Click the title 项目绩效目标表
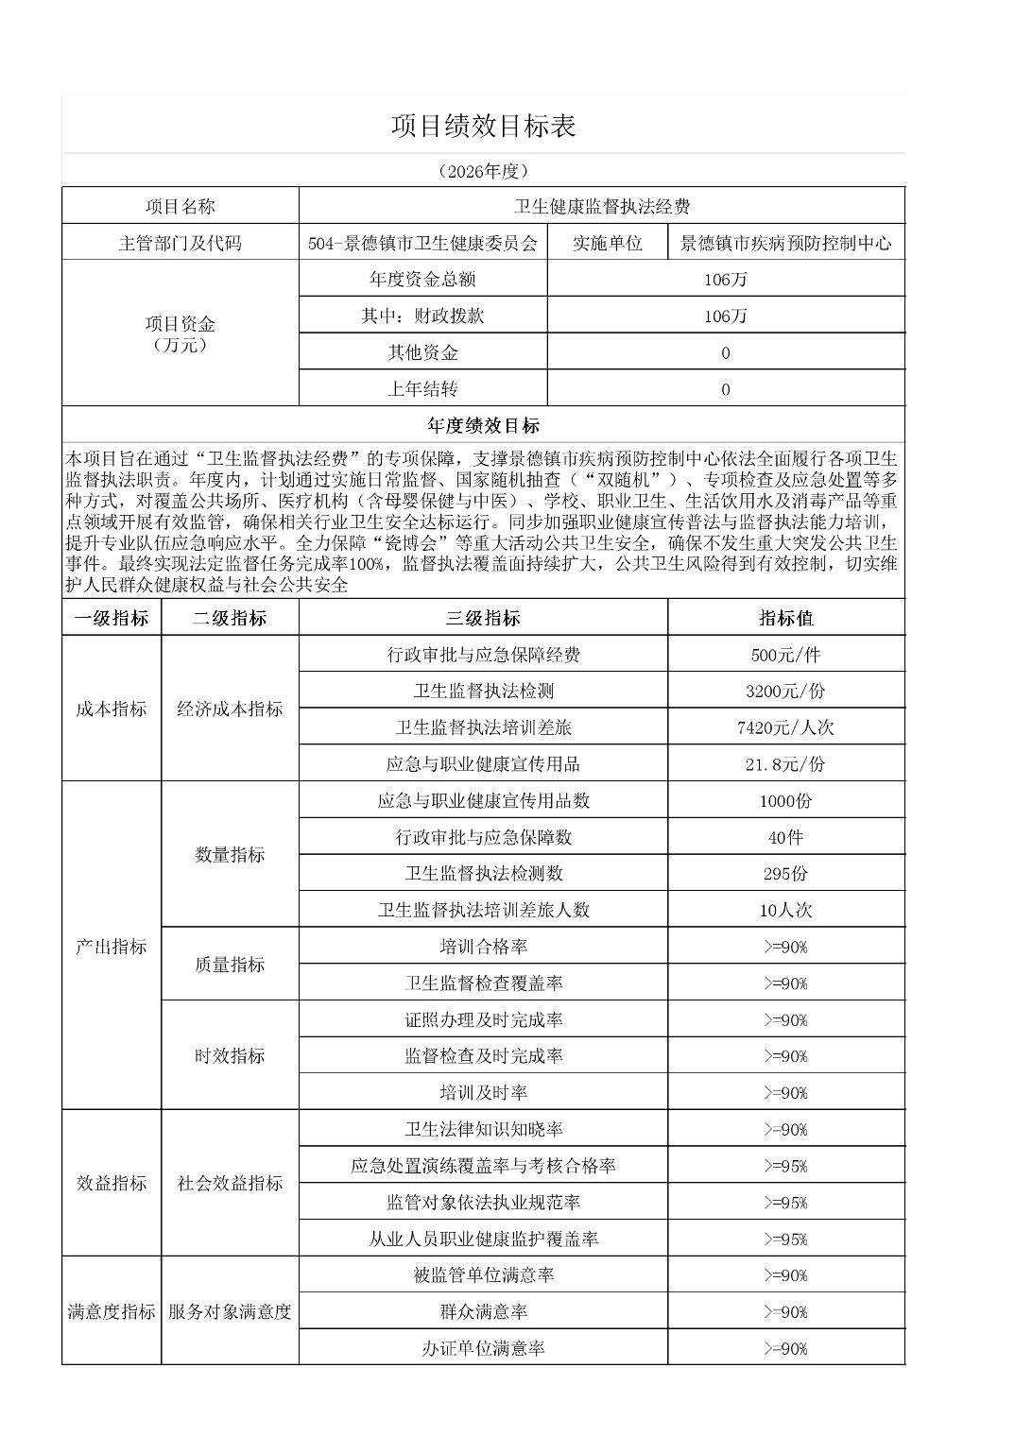point(483,126)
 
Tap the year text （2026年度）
point(483,171)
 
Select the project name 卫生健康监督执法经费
point(601,207)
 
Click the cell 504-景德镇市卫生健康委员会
point(422,243)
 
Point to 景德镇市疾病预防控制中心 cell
point(785,243)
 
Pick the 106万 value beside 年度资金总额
point(725,280)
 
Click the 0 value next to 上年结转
point(725,389)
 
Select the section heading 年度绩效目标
point(483,425)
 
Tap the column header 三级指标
point(483,618)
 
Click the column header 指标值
point(785,618)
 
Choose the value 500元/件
point(785,655)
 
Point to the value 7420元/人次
point(785,727)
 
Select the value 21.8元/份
point(785,763)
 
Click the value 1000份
point(785,800)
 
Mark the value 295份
point(785,873)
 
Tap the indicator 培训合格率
point(483,947)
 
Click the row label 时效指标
point(230,1055)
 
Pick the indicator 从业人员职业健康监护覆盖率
point(483,1239)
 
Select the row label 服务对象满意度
point(230,1311)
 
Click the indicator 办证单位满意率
point(483,1348)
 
